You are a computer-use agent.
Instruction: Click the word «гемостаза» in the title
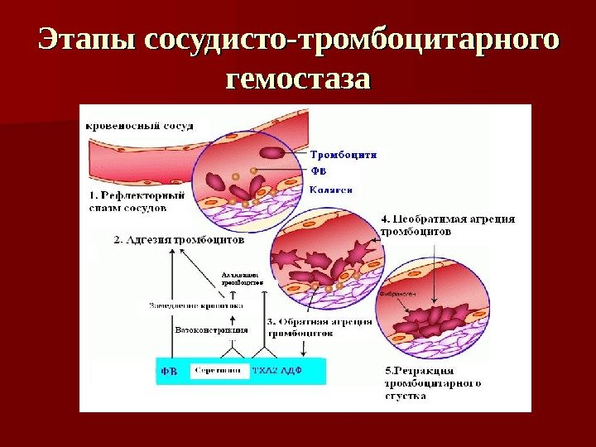point(298,80)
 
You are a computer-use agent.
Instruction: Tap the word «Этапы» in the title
point(88,40)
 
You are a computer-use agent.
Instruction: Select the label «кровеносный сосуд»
point(140,126)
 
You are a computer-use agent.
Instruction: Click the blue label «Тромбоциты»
point(344,153)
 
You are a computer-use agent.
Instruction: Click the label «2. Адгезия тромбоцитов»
point(179,240)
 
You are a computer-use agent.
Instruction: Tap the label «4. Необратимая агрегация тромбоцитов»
point(448,226)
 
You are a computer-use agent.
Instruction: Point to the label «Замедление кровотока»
point(186,305)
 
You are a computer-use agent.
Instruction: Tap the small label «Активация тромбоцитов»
point(242,278)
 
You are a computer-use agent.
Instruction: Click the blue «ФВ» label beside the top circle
point(319,171)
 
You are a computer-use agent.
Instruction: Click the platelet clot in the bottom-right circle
point(435,320)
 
